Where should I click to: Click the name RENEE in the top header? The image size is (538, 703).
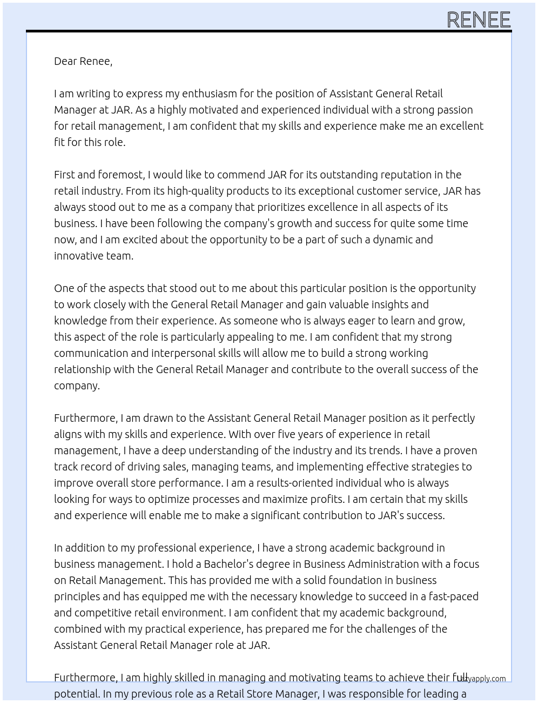pos(479,20)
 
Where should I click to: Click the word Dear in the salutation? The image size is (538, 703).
pos(65,61)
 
